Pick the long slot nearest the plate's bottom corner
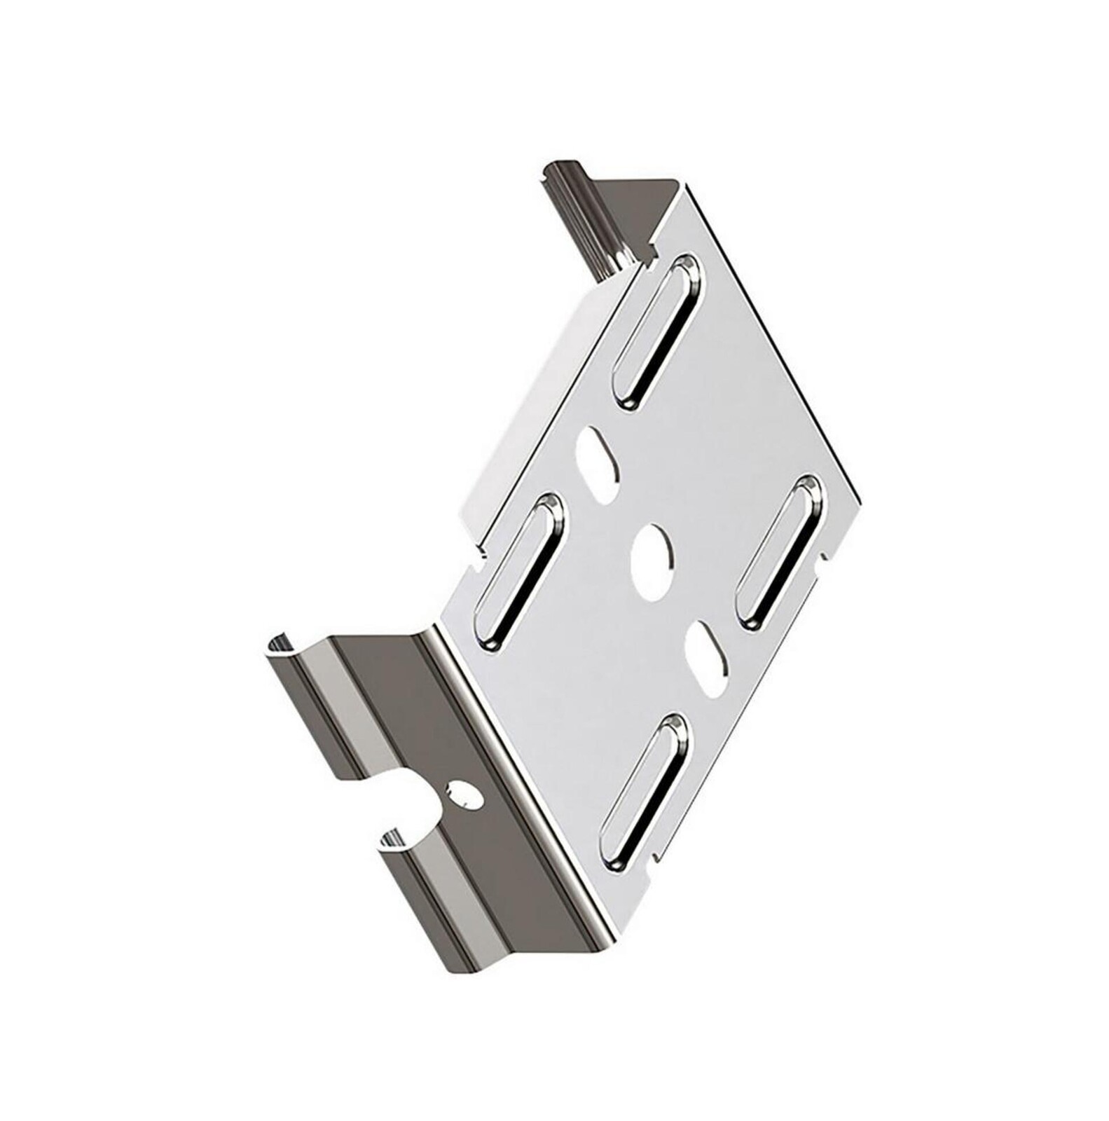click(642, 792)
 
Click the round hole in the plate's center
click(652, 560)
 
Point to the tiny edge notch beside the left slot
click(478, 558)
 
